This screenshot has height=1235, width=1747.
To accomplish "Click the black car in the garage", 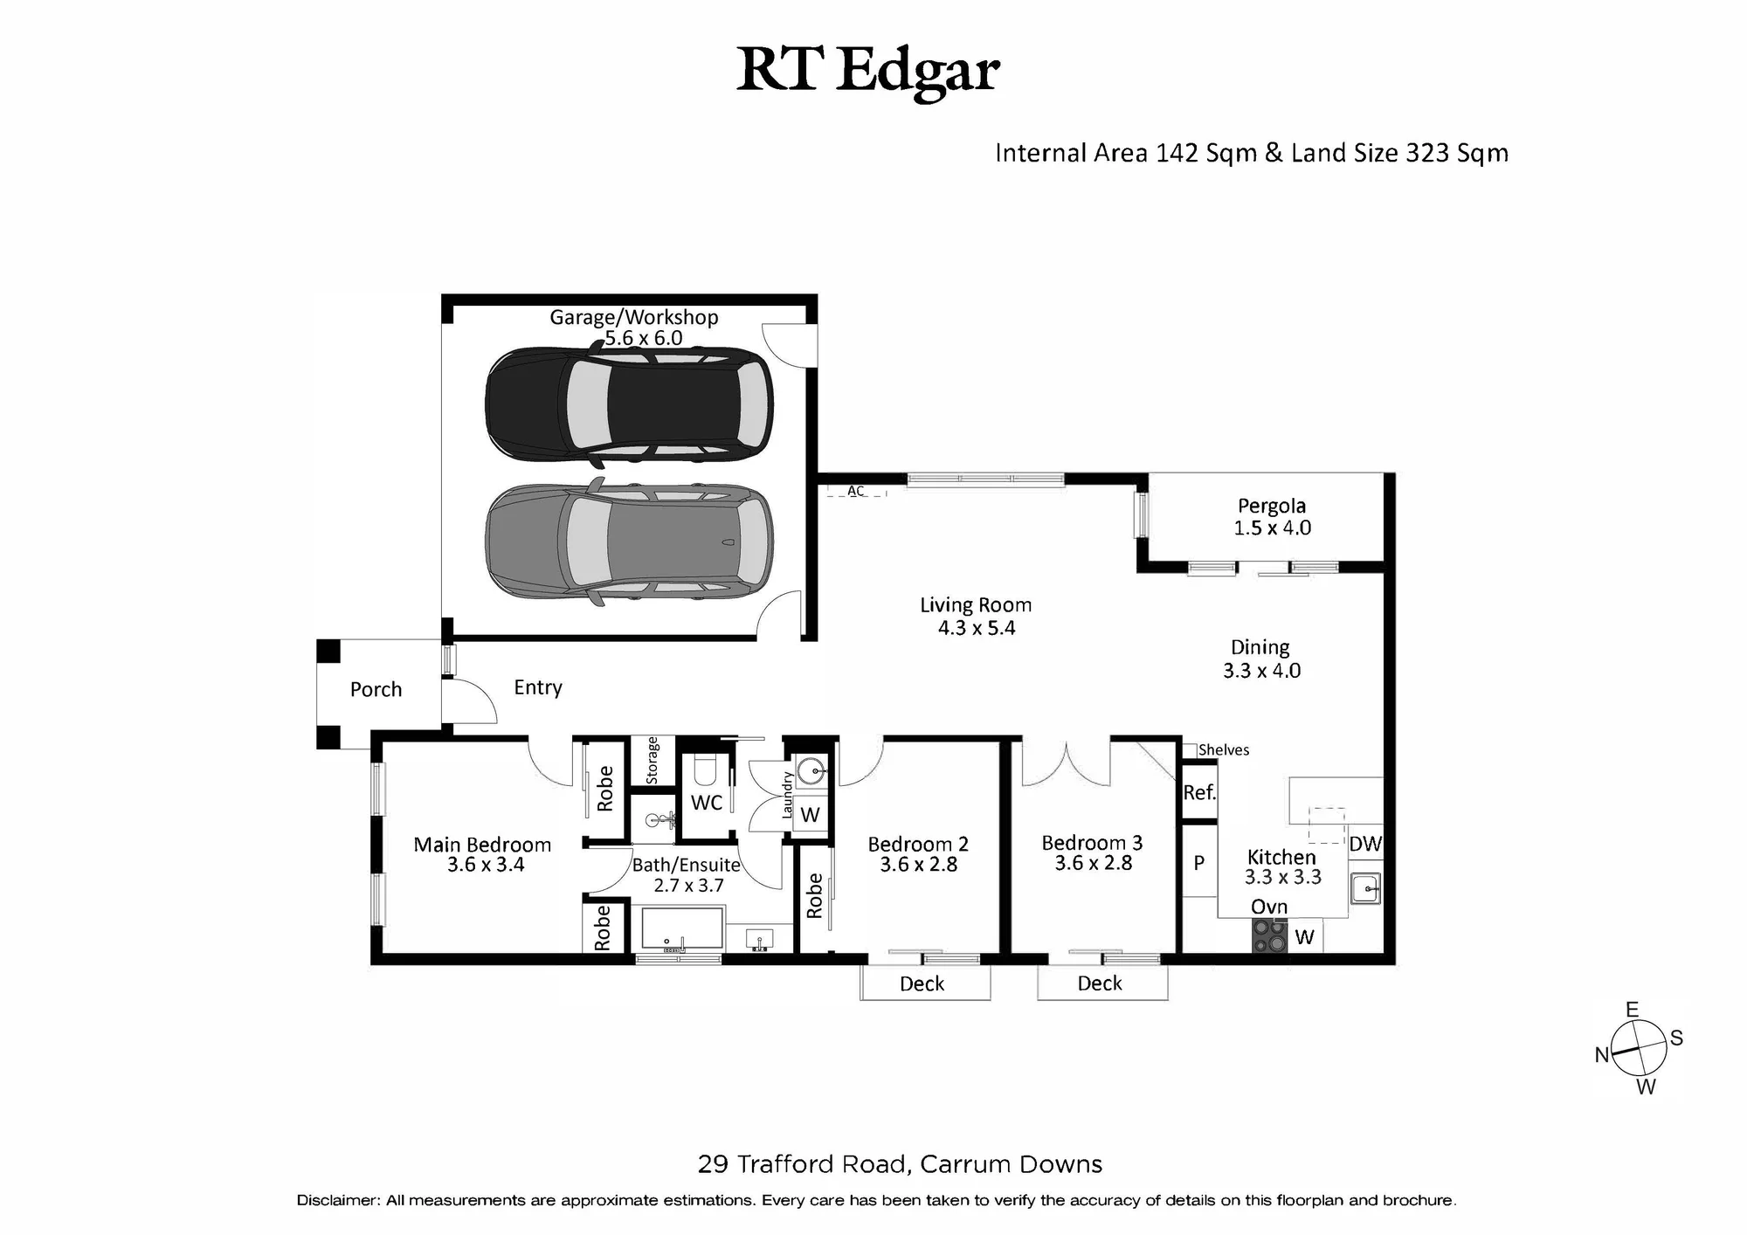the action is (629, 404).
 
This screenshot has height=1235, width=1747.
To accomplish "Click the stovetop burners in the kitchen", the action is (1270, 937).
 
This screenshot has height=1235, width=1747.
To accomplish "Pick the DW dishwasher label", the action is (1365, 844).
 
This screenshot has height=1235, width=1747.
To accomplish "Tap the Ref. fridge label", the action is (1199, 792).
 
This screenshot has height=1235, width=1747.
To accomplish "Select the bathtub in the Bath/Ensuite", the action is (683, 928).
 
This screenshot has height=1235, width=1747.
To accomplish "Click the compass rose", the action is (1639, 1048).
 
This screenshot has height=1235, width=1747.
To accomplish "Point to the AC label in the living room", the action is (856, 491).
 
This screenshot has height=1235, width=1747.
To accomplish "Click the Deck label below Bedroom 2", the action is (922, 983).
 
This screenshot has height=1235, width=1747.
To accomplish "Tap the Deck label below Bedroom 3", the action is (1100, 983).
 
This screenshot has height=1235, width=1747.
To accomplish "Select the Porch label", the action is (376, 689).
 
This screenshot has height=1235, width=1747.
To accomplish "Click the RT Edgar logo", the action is (867, 69).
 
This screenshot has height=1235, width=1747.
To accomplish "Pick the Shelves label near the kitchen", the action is (1224, 749).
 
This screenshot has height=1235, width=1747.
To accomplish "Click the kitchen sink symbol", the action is (1365, 889).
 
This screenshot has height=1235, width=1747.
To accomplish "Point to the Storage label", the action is (653, 761).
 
